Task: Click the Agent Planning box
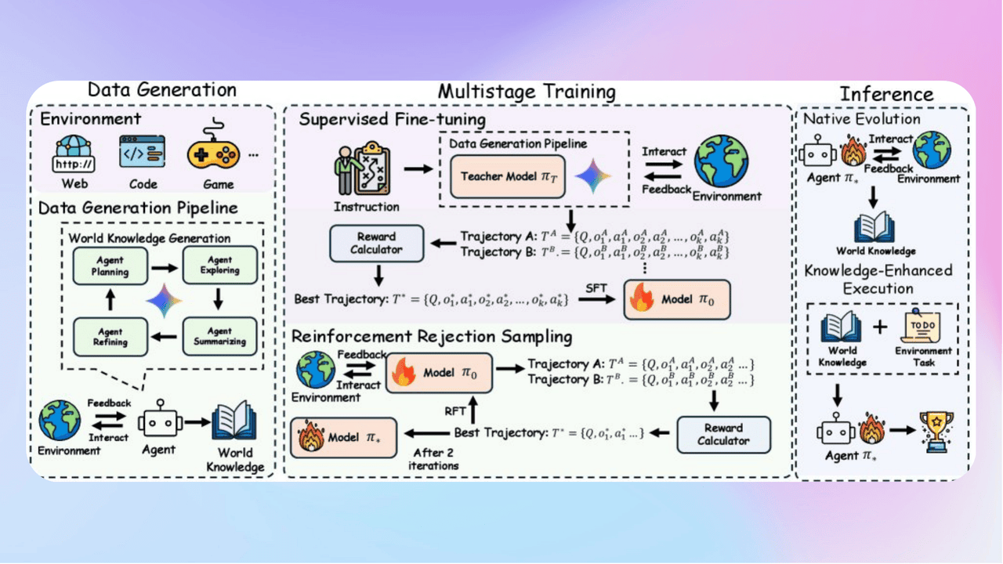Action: coord(109,267)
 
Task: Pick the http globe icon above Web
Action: coord(74,154)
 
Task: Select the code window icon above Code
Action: coord(142,152)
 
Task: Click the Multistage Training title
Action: coord(527,91)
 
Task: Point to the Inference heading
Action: coord(886,94)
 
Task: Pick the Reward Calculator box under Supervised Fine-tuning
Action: coord(376,243)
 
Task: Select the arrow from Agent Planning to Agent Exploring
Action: coord(164,267)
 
